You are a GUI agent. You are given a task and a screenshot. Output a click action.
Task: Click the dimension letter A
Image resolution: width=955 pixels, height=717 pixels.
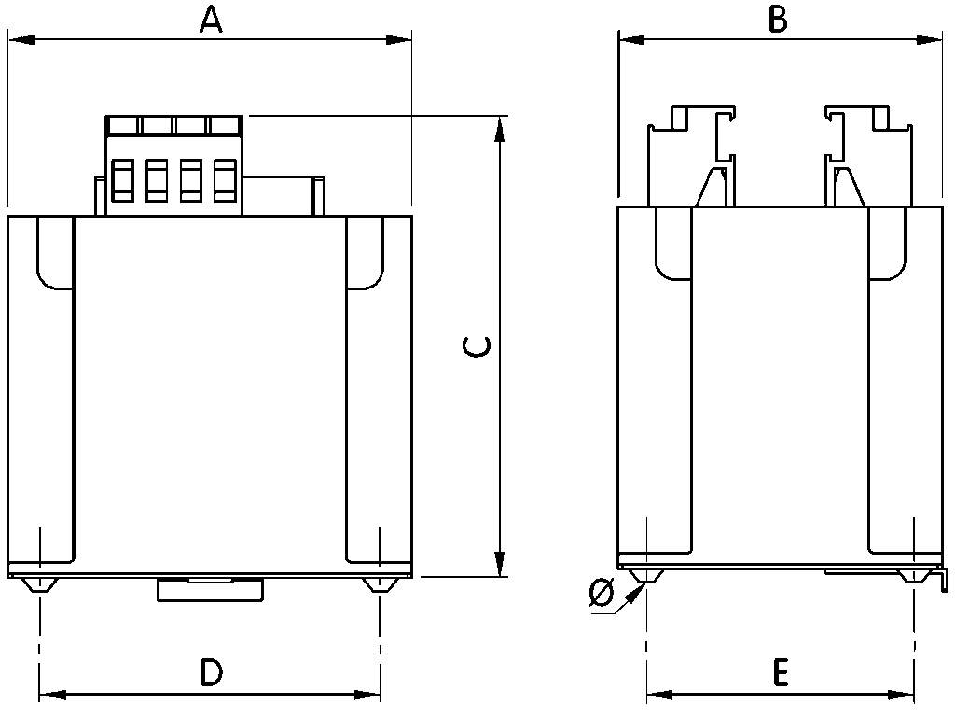[212, 19]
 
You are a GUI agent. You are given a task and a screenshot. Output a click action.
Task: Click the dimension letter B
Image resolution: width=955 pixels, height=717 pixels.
[777, 19]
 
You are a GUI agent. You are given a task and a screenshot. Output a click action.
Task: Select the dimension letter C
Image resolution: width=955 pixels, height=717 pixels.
[477, 346]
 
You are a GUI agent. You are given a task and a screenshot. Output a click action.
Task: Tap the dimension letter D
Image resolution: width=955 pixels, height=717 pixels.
[212, 672]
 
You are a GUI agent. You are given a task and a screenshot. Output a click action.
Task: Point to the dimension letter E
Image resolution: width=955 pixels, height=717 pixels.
[781, 672]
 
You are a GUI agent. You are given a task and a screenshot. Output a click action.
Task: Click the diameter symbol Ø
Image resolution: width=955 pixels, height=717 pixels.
[602, 593]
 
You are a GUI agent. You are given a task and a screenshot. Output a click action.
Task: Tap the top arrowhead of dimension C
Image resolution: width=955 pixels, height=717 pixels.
[500, 129]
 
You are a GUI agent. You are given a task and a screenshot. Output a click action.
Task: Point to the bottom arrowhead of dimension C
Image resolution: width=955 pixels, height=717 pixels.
[500, 564]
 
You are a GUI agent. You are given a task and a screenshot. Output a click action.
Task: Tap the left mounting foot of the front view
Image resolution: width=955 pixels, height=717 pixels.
[40, 585]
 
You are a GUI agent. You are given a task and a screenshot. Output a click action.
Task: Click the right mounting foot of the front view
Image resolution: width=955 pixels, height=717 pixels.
[379, 585]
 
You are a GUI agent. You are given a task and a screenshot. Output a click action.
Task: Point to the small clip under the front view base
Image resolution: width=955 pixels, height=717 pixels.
[211, 589]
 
